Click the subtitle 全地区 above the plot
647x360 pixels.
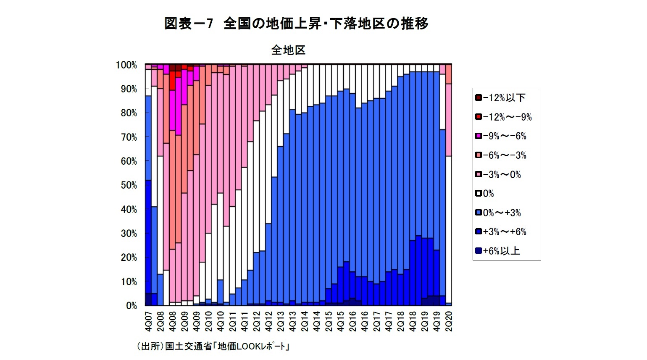pyautogui.click(x=288, y=50)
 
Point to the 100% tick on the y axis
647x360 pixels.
pyautogui.click(x=126, y=65)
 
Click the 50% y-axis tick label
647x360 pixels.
pyautogui.click(x=129, y=185)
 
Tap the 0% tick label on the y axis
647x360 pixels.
pyautogui.click(x=131, y=306)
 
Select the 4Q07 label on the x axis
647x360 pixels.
pyautogui.click(x=148, y=321)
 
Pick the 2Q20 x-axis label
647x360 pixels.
pyautogui.click(x=449, y=321)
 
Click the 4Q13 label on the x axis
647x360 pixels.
pyautogui.click(x=292, y=321)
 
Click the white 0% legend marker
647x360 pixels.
pyautogui.click(x=478, y=194)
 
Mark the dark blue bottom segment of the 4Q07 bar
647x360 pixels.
pyautogui.click(x=148, y=299)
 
